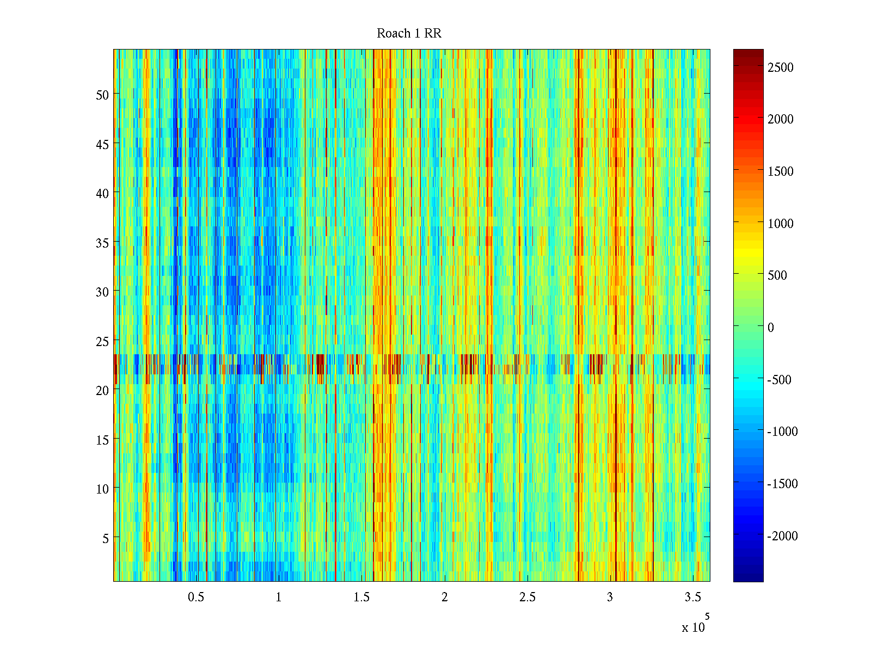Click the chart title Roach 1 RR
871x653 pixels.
click(409, 34)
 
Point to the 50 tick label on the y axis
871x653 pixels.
click(102, 95)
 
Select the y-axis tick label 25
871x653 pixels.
click(102, 341)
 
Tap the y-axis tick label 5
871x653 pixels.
click(106, 538)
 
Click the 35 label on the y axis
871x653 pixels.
click(102, 243)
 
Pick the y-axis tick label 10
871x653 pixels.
click(102, 489)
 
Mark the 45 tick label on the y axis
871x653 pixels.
click(102, 144)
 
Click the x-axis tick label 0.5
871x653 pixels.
click(196, 597)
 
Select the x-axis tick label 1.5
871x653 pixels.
click(361, 597)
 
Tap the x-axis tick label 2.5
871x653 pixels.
click(527, 597)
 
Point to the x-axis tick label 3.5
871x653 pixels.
click(692, 597)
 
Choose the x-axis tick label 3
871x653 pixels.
click(610, 597)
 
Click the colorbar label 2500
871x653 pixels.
click(781, 67)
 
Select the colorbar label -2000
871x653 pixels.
click(782, 536)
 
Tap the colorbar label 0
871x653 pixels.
click(770, 328)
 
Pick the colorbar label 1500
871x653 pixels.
click(781, 171)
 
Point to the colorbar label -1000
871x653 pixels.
click(782, 432)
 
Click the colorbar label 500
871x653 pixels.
click(777, 275)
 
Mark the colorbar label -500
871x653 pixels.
click(779, 380)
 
